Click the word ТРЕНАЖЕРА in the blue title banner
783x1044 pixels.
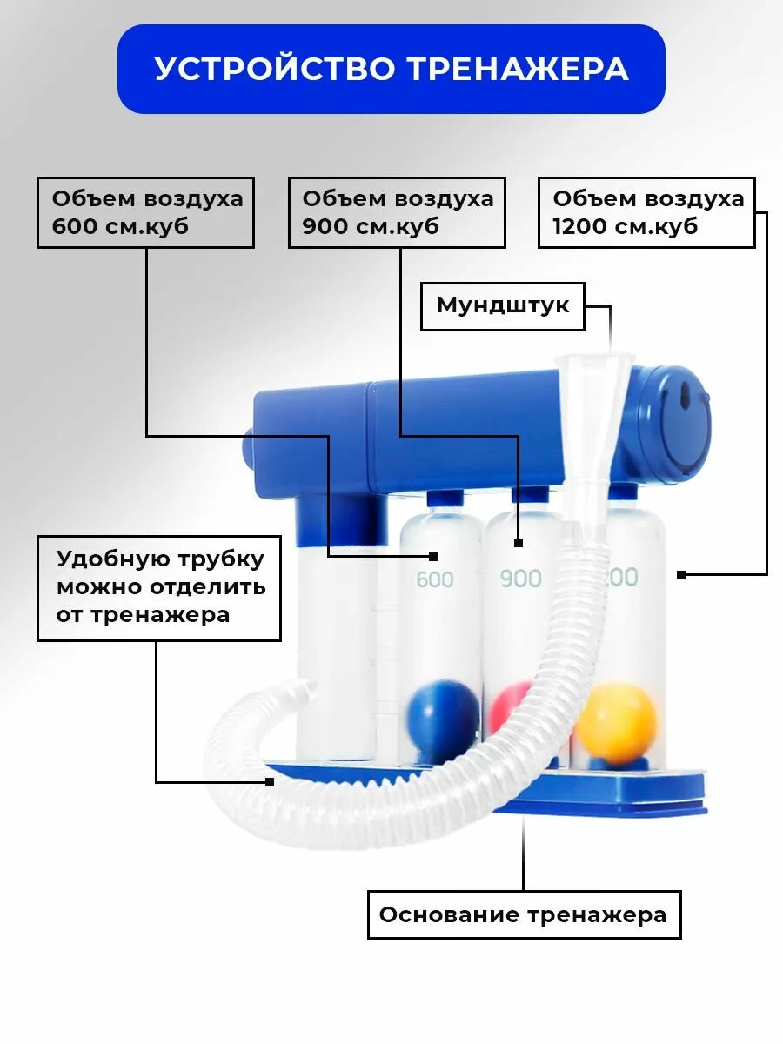(x=519, y=70)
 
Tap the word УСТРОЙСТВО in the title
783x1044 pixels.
(x=275, y=68)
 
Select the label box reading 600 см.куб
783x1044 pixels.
(x=145, y=212)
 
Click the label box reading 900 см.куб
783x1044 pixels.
(x=397, y=212)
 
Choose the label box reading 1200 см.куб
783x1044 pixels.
(x=646, y=212)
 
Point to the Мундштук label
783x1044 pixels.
(x=503, y=306)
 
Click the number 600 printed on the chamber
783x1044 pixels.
(x=434, y=579)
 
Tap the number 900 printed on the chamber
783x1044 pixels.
(x=520, y=579)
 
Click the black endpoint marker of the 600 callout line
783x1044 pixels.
(x=433, y=557)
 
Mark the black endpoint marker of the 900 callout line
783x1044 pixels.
(x=519, y=543)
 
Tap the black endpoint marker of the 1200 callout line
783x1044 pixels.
(x=681, y=575)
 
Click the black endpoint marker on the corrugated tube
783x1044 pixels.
(x=270, y=782)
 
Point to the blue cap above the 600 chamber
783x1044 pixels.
(x=445, y=498)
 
